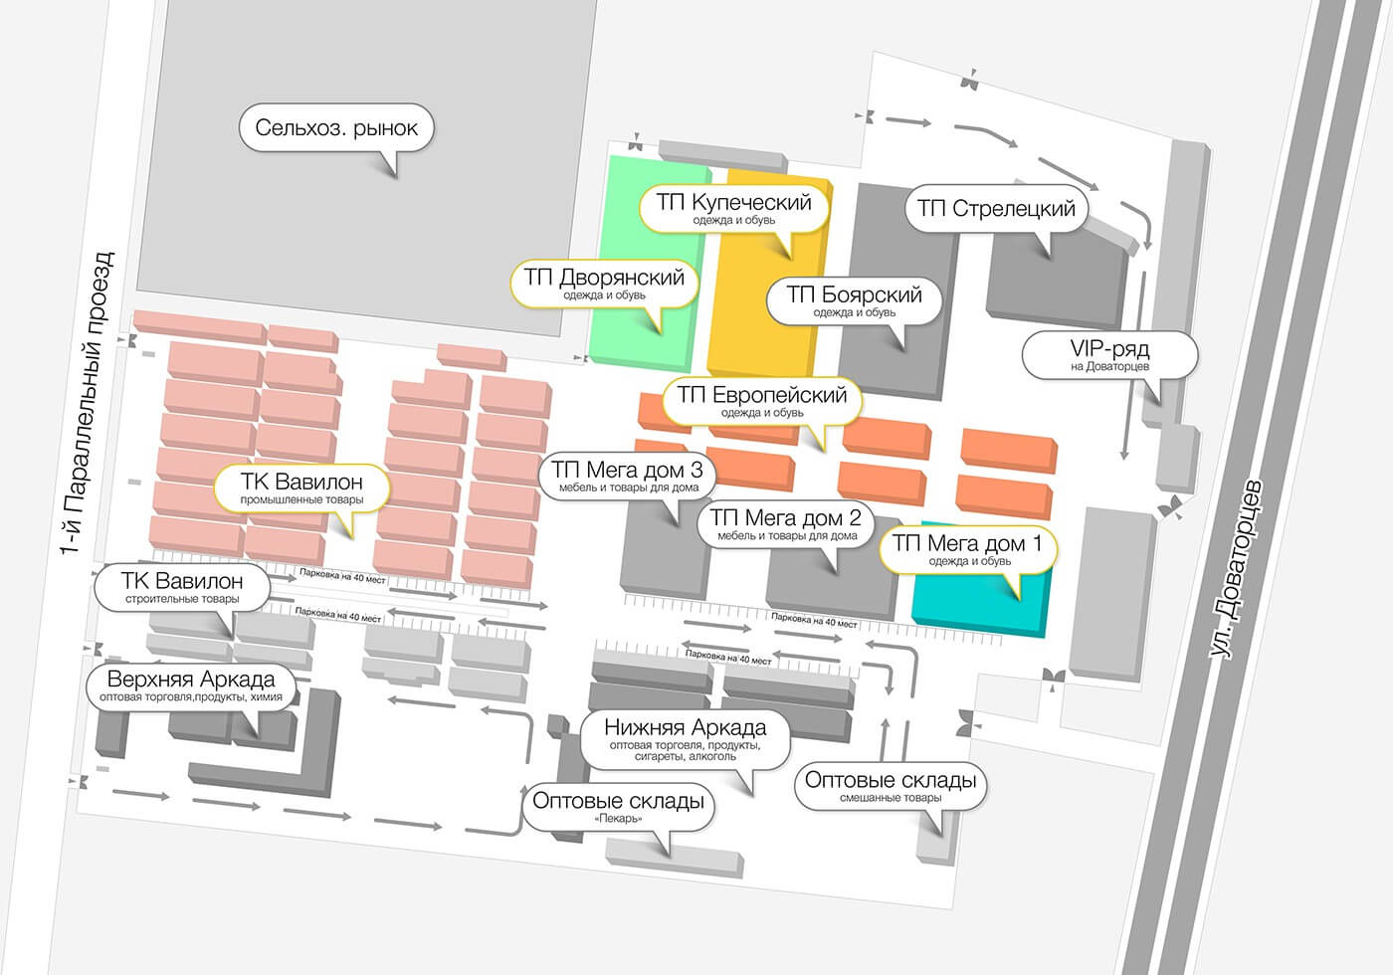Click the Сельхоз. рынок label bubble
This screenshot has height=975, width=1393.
pos(336,128)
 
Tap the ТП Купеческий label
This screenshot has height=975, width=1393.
pos(734,208)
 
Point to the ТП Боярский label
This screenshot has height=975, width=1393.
pos(854,300)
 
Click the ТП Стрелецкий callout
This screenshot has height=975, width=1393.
pos(996,209)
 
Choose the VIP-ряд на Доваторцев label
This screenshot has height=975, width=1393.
pos(1109,355)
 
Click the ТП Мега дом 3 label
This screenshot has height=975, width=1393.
pos(628,476)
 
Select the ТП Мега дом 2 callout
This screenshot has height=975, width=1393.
pos(786,523)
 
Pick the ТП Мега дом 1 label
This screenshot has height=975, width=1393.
pos(968,549)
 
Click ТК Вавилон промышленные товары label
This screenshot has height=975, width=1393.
pos(301,488)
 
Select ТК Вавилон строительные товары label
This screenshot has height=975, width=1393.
pos(182,587)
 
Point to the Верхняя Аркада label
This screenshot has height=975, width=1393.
pos(191,685)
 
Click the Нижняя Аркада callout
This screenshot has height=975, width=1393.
pos(685,740)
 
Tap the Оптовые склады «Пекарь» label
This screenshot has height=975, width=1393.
pos(618,807)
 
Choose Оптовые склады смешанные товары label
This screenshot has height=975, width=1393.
pos(891,786)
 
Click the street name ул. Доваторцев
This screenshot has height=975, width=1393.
pos(1236,569)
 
